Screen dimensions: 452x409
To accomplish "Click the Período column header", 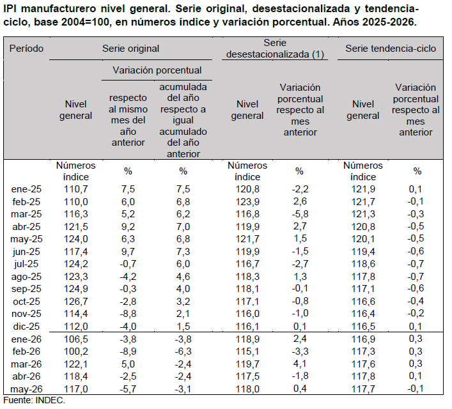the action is click(x=26, y=49).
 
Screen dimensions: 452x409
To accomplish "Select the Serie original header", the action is click(x=130, y=49).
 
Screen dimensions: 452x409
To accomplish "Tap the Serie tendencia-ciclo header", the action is click(x=391, y=49).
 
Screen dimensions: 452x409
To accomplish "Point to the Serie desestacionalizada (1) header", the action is click(x=275, y=49).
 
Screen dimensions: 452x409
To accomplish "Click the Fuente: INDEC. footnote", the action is click(x=35, y=400).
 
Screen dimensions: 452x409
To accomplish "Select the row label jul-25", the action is click(x=26, y=264).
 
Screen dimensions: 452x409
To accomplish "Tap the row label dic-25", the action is click(x=26, y=327).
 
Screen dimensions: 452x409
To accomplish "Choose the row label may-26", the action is click(x=26, y=389).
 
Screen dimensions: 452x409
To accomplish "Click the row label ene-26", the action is click(x=26, y=339).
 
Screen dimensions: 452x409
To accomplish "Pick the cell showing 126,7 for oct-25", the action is click(x=76, y=302).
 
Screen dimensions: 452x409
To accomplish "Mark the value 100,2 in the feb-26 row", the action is click(x=76, y=351).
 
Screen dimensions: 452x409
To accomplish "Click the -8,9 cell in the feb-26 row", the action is click(x=128, y=351).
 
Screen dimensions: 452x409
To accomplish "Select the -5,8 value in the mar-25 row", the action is click(x=300, y=214).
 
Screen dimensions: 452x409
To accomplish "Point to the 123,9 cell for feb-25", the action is click(x=247, y=202).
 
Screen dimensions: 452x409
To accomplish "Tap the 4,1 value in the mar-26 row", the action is click(x=300, y=364).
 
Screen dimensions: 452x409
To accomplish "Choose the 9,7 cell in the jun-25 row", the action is click(x=128, y=252).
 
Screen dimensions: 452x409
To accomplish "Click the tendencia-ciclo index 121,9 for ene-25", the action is click(x=363, y=189).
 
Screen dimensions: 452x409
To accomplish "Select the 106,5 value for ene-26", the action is click(x=76, y=339).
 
